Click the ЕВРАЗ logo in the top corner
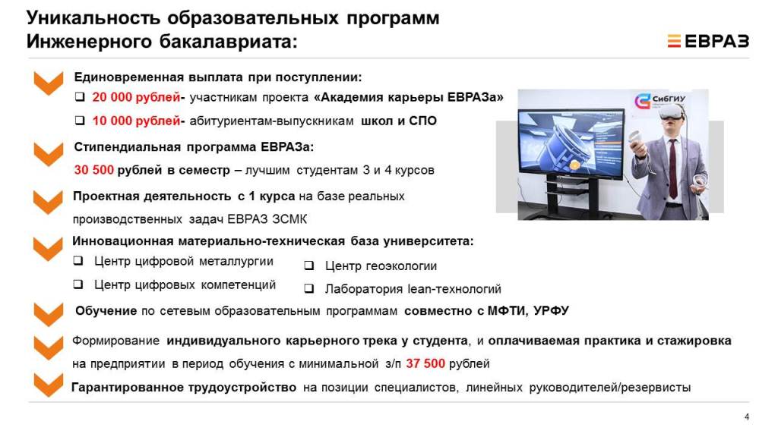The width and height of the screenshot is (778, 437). click(x=708, y=41)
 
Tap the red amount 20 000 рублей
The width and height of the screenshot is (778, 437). click(x=136, y=97)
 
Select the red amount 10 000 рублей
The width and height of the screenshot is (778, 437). click(x=136, y=121)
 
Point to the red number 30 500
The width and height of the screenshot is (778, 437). click(x=93, y=170)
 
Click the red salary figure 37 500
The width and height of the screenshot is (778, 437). click(x=425, y=363)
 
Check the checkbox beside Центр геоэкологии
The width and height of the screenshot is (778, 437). click(x=309, y=266)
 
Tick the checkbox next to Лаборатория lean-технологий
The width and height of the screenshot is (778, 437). click(x=309, y=288)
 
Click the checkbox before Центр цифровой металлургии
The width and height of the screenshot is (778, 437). click(x=78, y=261)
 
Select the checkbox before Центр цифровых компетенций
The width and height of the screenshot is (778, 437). click(x=78, y=285)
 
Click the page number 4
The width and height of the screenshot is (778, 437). click(x=747, y=417)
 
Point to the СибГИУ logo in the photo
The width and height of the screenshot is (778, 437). click(x=660, y=101)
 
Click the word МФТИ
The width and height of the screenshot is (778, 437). click(x=508, y=311)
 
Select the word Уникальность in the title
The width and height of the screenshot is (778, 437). click(x=93, y=18)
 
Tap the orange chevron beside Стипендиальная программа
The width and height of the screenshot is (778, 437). click(x=49, y=154)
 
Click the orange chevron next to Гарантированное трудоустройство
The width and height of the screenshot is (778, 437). click(x=49, y=385)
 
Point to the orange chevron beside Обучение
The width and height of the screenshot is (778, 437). click(x=49, y=314)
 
